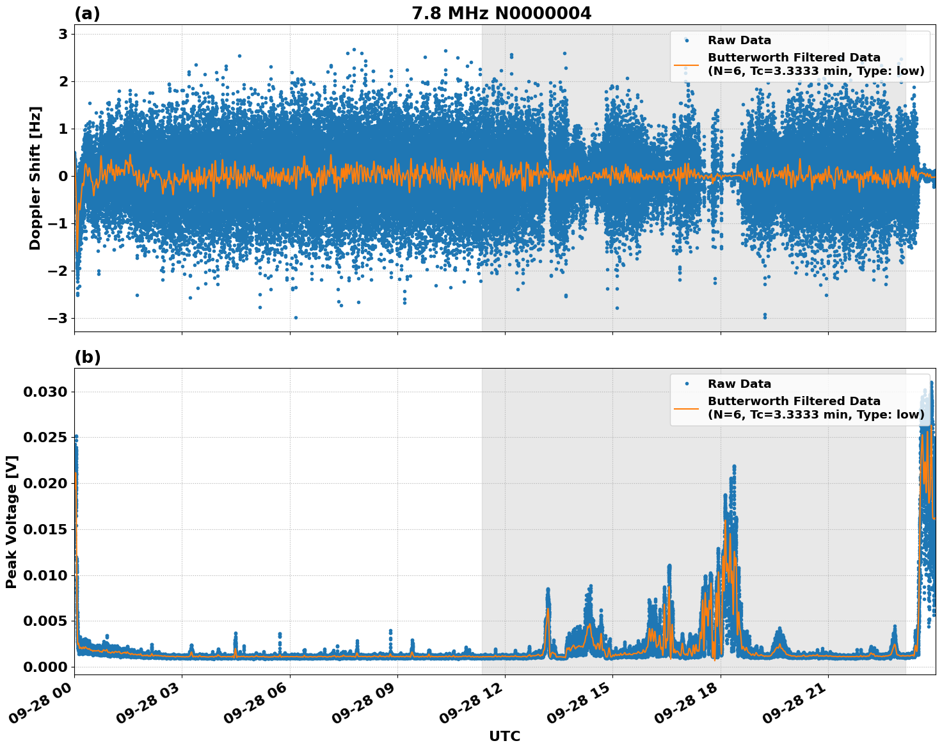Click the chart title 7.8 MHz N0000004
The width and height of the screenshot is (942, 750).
click(501, 13)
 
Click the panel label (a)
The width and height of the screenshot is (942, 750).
click(87, 13)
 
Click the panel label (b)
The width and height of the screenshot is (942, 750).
click(87, 357)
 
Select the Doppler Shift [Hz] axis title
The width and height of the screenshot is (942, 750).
click(35, 178)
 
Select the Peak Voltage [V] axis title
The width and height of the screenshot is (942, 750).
click(12, 522)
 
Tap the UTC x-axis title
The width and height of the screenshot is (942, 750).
click(504, 736)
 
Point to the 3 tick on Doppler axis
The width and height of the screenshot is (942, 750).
click(63, 34)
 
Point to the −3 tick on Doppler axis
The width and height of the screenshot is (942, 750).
click(59, 318)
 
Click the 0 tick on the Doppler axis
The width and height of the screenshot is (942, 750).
click(63, 176)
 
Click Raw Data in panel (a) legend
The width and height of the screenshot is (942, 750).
click(739, 40)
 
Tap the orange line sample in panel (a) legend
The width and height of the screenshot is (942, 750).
click(686, 64)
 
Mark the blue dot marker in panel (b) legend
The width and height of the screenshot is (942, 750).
click(686, 384)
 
